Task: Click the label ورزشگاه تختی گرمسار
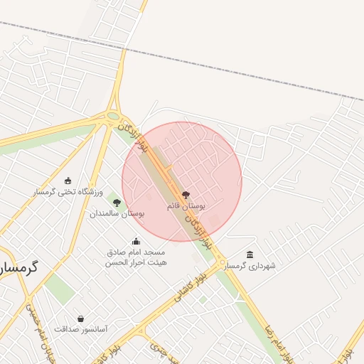tap(68, 192)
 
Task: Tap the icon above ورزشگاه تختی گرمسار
tap(68, 181)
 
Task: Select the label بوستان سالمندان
tap(117, 213)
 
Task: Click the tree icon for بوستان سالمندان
tap(117, 203)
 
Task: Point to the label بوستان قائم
tap(186, 205)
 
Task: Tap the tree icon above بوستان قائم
tap(186, 194)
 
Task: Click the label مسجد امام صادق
tap(136, 252)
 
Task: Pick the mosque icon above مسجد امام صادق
tap(136, 242)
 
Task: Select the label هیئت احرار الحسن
tap(136, 262)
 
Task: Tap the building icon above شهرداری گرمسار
tap(250, 255)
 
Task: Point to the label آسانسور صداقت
tap(80, 329)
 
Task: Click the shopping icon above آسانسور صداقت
tap(80, 318)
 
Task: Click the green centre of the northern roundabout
tap(113, 116)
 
